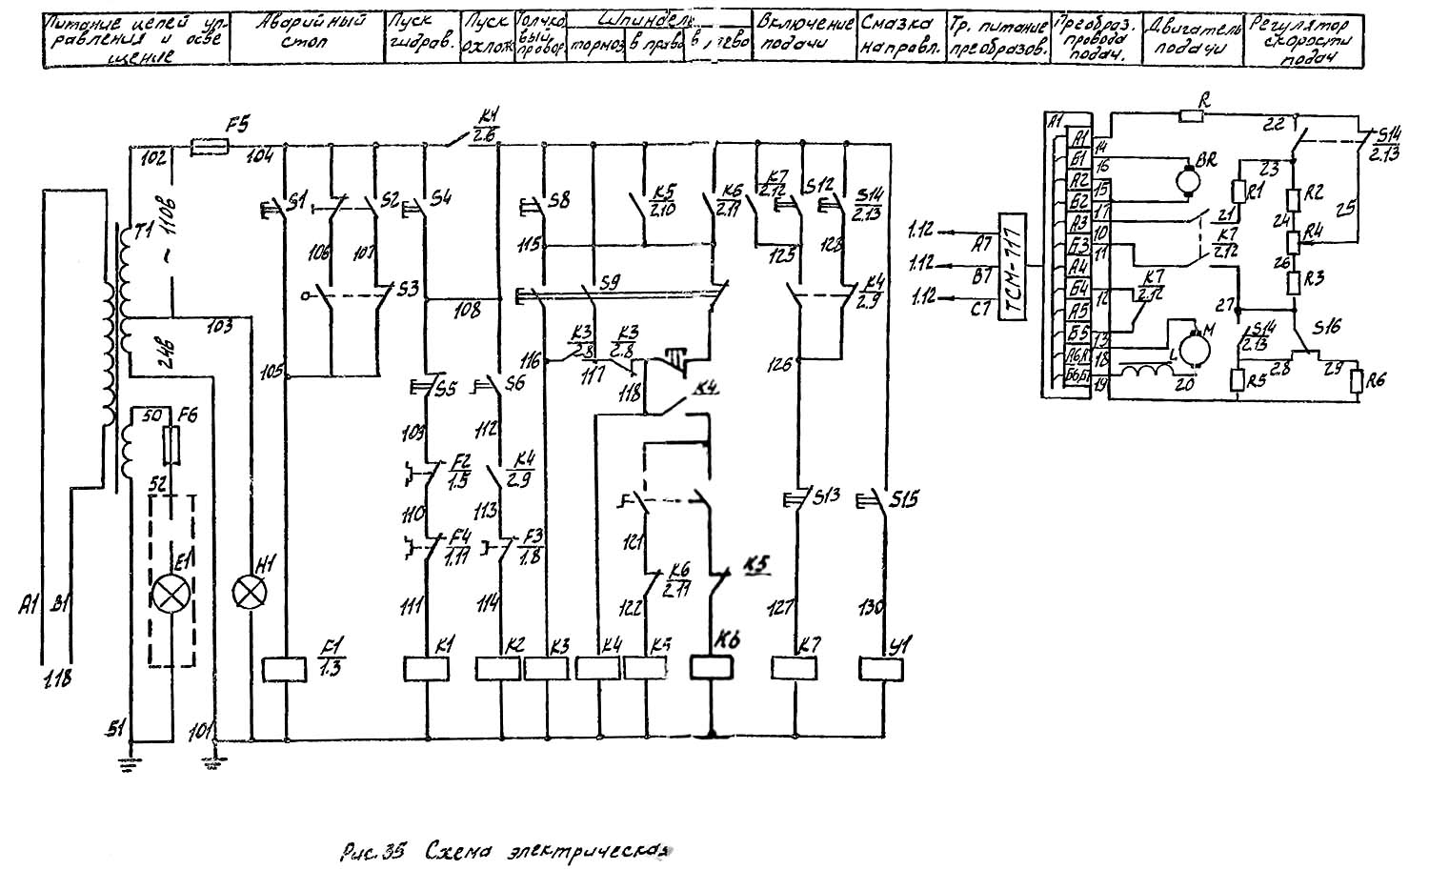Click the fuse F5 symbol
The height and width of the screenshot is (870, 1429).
tap(209, 147)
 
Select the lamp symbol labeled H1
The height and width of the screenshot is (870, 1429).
tap(250, 595)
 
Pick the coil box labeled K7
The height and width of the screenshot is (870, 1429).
tap(794, 669)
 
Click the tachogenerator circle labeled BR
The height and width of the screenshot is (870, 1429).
tap(1187, 177)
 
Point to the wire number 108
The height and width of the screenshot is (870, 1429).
tap(467, 310)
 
